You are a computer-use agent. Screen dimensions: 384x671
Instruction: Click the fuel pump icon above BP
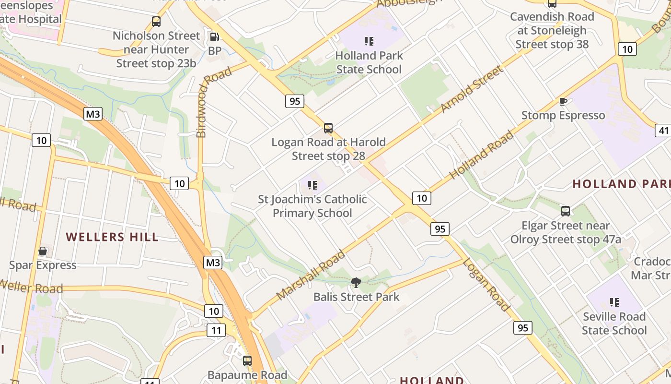click(x=215, y=36)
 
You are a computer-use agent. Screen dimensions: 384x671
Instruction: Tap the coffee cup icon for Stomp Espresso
click(x=563, y=101)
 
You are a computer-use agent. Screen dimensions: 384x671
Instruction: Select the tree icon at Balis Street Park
click(x=356, y=283)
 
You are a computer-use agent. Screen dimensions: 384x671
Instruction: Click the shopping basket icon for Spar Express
click(x=43, y=251)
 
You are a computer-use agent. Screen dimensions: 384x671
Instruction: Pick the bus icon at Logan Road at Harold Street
click(x=328, y=128)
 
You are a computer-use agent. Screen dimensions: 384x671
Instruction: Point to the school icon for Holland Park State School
click(x=369, y=41)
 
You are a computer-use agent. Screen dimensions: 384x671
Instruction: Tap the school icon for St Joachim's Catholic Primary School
click(x=312, y=185)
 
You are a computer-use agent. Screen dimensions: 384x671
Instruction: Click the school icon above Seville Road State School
click(x=614, y=302)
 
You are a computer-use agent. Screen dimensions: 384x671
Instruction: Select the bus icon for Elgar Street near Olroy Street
click(x=566, y=211)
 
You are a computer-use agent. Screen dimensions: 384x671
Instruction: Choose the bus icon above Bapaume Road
click(x=247, y=361)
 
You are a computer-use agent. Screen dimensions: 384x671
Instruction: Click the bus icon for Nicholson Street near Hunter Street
click(x=156, y=22)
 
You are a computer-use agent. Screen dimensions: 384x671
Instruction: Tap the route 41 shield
click(x=663, y=130)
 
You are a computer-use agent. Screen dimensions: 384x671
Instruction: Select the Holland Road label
click(x=482, y=155)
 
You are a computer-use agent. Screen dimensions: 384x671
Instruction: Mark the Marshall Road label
click(x=311, y=275)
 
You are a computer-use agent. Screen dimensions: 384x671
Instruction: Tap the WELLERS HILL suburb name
click(x=112, y=237)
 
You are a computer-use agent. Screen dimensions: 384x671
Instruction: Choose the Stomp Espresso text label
click(x=563, y=115)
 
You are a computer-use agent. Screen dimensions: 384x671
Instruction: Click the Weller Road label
click(x=32, y=287)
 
